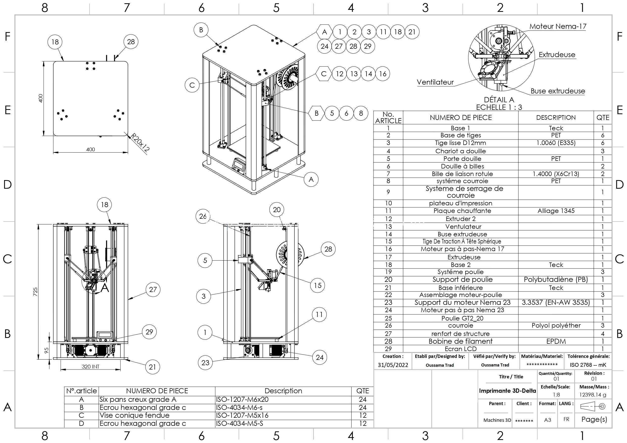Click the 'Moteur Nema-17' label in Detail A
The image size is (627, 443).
click(x=558, y=27)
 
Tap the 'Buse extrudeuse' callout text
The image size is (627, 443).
click(x=558, y=91)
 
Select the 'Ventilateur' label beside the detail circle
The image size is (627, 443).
click(x=435, y=82)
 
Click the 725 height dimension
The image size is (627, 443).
click(x=35, y=291)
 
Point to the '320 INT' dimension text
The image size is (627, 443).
click(x=90, y=366)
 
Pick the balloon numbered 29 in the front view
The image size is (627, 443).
click(x=149, y=332)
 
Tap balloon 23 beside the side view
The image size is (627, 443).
click(x=205, y=363)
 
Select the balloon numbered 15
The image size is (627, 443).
click(x=318, y=285)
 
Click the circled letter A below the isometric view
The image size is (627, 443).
click(x=311, y=180)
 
